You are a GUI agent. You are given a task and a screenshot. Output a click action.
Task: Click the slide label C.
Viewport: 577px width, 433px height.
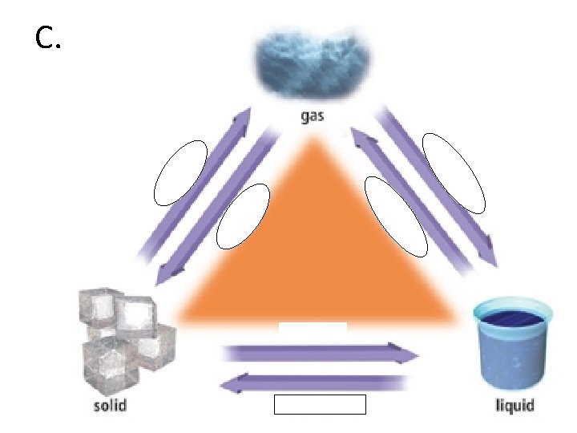(49, 38)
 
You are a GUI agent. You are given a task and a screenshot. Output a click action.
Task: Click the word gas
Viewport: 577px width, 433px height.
(312, 116)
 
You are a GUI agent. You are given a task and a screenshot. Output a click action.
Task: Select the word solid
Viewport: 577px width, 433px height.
(110, 405)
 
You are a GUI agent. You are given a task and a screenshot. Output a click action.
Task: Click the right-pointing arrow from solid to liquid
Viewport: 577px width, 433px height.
(321, 353)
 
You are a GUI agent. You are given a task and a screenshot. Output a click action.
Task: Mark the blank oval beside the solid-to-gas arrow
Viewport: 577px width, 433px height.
(180, 172)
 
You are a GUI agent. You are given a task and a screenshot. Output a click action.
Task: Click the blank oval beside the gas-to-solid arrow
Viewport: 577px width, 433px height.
(243, 216)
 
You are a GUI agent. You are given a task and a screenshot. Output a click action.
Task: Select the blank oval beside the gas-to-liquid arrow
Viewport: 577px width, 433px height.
(454, 172)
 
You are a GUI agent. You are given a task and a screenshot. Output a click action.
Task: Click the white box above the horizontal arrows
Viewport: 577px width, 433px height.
(313, 328)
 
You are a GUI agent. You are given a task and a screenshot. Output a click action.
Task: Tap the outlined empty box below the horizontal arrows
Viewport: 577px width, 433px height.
(319, 404)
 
